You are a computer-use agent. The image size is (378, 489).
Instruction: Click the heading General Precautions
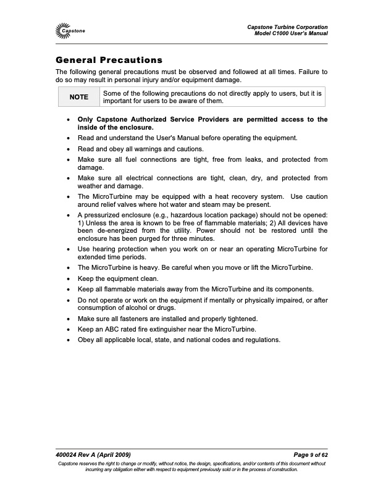109,61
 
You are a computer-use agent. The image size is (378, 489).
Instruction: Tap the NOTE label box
78,97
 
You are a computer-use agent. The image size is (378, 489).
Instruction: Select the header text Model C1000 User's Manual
291,33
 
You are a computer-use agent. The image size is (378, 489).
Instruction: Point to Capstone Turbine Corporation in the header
287,26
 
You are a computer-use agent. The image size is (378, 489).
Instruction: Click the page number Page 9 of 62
306,455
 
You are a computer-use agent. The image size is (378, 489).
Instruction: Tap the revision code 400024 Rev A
78,455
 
